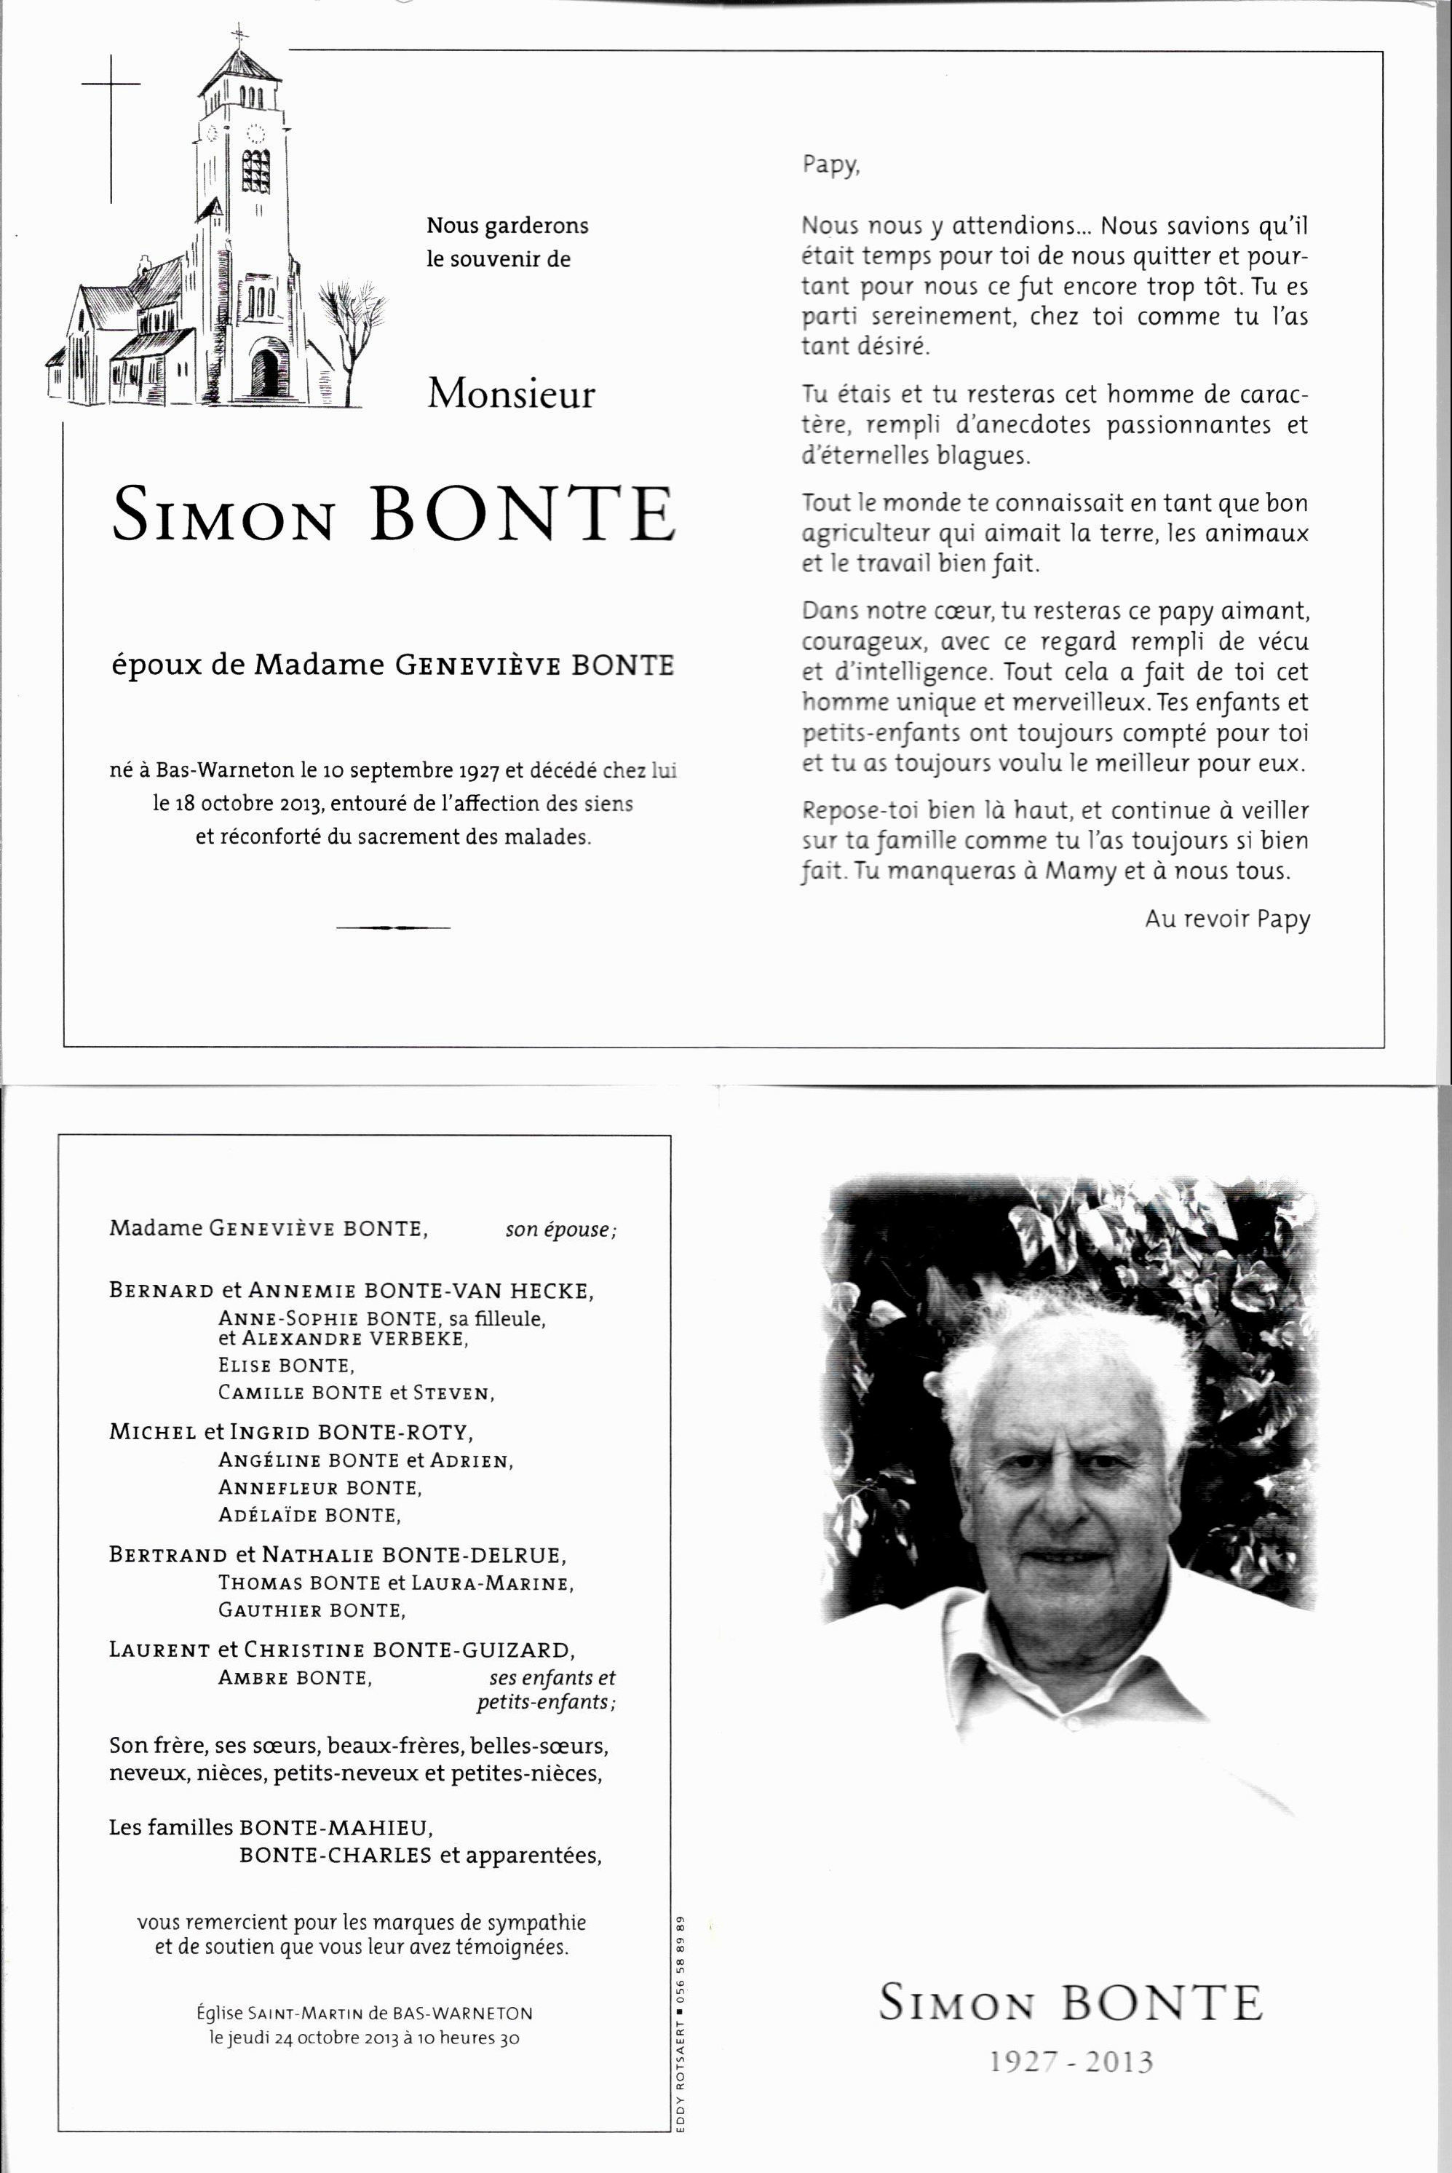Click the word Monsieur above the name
point(510,395)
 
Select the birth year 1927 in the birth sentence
point(479,771)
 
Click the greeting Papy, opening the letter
point(830,166)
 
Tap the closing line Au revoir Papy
point(1227,919)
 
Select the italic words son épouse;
point(560,1230)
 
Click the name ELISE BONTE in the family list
point(286,1365)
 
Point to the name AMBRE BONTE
point(295,1677)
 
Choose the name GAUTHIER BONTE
point(312,1611)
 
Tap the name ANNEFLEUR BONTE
point(320,1487)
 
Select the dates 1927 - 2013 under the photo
point(1071,2063)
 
